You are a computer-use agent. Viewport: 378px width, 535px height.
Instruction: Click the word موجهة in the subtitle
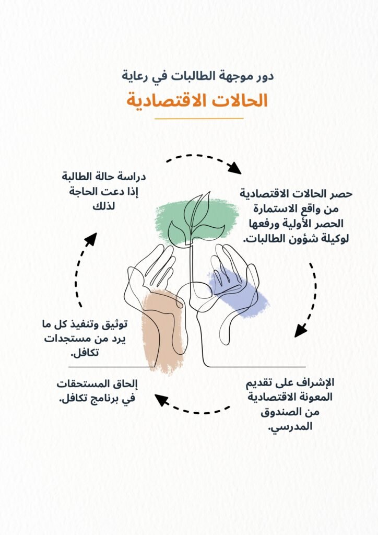pos(232,76)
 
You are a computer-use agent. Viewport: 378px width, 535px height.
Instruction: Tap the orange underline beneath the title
pos(199,119)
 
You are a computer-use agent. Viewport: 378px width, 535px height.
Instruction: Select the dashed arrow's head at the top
pos(234,168)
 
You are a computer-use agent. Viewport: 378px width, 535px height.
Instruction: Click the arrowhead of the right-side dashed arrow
pos(300,331)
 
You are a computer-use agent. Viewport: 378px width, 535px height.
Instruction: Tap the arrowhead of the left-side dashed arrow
pos(90,239)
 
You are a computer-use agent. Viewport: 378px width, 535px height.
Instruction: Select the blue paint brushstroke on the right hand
pos(237,294)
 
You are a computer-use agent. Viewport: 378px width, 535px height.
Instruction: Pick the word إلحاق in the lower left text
pos(125,384)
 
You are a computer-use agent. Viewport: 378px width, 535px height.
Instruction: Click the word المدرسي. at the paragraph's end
pos(290,427)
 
